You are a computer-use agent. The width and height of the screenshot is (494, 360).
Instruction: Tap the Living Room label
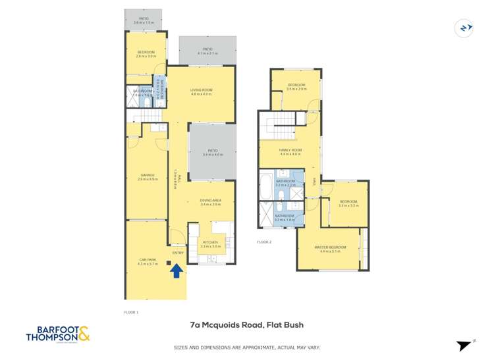[202, 92]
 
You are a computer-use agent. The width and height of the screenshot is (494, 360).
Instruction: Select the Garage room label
[146, 176]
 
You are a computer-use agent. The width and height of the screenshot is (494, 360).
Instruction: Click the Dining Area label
[210, 202]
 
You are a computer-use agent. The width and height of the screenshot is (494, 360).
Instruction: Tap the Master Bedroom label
[329, 249]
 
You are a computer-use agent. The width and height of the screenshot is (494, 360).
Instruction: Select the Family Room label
[290, 151]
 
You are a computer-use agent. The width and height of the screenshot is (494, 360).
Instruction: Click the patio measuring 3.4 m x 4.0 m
[212, 152]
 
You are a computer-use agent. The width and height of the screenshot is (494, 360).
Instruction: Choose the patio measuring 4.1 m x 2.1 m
[207, 51]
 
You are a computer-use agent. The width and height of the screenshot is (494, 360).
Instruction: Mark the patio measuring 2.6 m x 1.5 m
[144, 20]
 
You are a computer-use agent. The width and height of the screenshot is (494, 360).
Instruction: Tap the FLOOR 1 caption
[132, 312]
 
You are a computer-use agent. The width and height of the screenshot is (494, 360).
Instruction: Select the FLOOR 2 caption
[264, 242]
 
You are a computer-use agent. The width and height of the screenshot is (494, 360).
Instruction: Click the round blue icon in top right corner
[465, 28]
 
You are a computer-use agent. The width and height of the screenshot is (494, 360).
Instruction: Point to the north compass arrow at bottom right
[465, 345]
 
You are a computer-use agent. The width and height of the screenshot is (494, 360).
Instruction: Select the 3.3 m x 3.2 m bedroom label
[348, 203]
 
